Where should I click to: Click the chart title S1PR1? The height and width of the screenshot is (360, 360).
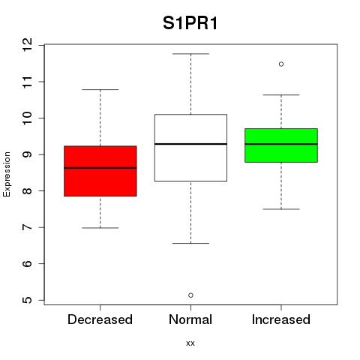[190, 23]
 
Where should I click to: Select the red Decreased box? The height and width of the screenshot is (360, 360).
[100, 171]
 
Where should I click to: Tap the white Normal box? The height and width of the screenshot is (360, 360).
[190, 148]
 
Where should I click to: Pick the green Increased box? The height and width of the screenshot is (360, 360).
[281, 145]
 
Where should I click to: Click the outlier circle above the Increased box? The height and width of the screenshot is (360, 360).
[281, 64]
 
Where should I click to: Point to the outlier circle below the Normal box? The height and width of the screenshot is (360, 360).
[190, 295]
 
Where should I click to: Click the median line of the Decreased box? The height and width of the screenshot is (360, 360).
[100, 168]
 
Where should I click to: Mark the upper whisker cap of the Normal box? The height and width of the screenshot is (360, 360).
[190, 54]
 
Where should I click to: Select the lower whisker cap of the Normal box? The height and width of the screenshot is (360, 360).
[190, 243]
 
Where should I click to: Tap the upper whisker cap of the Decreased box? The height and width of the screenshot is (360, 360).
[100, 89]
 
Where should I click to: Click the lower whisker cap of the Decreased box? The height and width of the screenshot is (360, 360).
[100, 228]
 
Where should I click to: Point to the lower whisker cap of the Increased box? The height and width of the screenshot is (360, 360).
[281, 209]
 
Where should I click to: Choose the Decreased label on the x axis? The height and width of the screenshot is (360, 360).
[100, 319]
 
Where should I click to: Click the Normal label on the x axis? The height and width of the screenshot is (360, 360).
[190, 319]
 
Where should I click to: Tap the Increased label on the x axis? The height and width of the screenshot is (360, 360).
[281, 319]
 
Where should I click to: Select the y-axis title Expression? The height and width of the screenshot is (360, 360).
[7, 174]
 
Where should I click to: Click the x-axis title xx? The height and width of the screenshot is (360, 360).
[190, 343]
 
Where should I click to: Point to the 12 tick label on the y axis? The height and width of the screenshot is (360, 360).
[28, 45]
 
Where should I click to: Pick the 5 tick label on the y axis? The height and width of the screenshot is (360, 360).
[28, 300]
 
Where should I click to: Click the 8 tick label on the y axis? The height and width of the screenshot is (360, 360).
[28, 190]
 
